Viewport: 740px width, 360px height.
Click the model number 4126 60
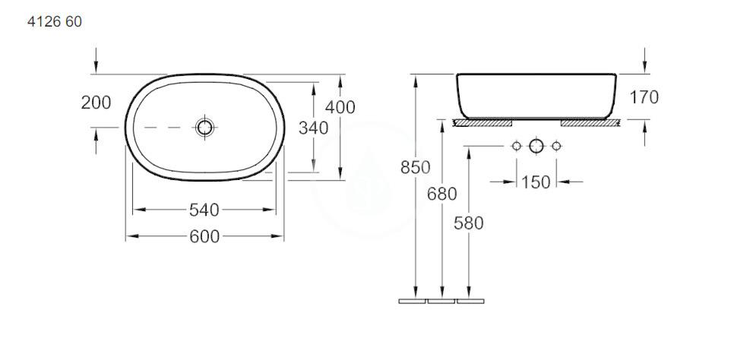tap(54, 22)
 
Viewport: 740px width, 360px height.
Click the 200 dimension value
tap(96, 103)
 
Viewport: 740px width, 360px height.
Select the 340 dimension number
tap(314, 128)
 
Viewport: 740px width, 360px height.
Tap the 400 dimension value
tap(340, 107)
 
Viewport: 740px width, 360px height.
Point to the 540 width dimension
tap(204, 209)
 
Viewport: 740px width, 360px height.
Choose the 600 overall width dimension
tap(204, 237)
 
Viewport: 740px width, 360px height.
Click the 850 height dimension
tap(416, 167)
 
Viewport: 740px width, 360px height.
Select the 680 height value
tap(441, 194)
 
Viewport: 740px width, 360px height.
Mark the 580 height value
tap(469, 223)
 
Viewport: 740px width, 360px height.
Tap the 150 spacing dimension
tap(536, 182)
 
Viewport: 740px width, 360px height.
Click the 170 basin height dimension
tap(644, 97)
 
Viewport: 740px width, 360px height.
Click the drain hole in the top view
tap(204, 127)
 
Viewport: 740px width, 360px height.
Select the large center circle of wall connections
tap(536, 145)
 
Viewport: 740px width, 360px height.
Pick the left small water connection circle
tap(517, 145)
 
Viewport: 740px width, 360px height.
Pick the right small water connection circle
tap(556, 145)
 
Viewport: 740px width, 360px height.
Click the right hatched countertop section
tap(589, 122)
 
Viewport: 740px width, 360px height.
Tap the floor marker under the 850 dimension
tap(413, 302)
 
